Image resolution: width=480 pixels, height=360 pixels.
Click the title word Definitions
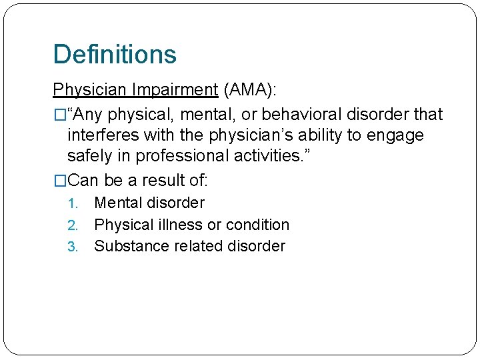coord(115,55)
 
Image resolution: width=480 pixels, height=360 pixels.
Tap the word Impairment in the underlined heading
coord(174,89)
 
